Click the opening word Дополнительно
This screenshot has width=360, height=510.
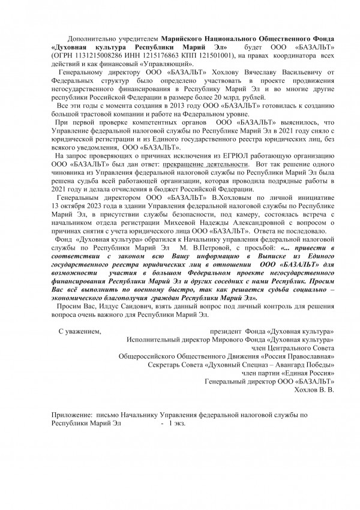coord(92,38)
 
